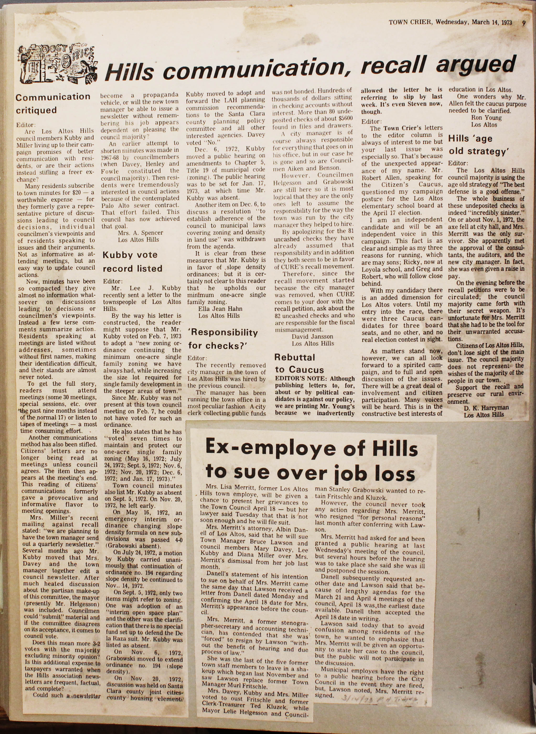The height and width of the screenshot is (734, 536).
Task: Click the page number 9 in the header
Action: pyautogui.click(x=524, y=23)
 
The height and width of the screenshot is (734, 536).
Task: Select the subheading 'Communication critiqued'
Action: pyautogui.click(x=53, y=103)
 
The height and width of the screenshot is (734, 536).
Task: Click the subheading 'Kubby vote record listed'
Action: pyautogui.click(x=132, y=262)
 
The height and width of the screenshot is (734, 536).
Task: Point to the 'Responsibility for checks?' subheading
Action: pyautogui.click(x=223, y=339)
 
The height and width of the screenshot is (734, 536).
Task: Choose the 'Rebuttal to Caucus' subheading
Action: pyautogui.click(x=299, y=363)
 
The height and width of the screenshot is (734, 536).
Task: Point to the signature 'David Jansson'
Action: pyautogui.click(x=312, y=336)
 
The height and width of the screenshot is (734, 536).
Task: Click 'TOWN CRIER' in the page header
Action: pyautogui.click(x=410, y=22)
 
